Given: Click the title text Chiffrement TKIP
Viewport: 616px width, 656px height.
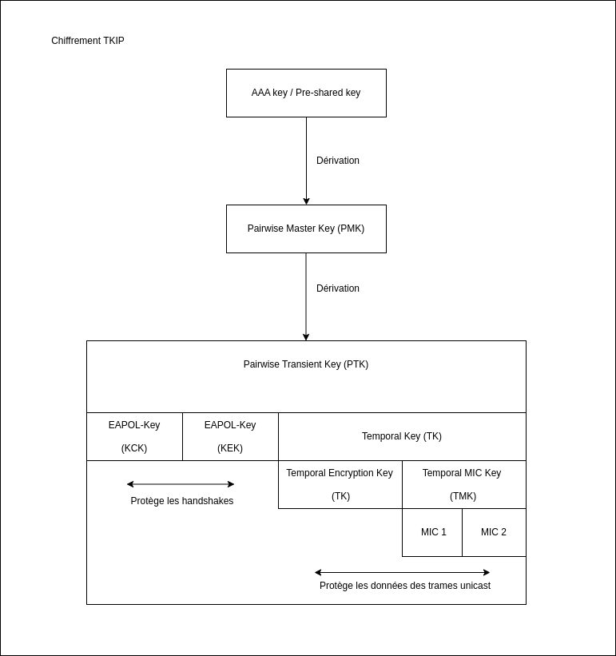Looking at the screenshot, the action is tap(88, 41).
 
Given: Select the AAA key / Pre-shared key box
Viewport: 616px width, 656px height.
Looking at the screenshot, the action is tap(306, 93).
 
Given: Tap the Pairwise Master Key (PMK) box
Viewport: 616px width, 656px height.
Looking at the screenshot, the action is tap(306, 229).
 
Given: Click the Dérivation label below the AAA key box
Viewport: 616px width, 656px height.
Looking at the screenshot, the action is tap(338, 161).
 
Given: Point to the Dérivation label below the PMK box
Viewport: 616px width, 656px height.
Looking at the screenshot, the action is tap(338, 288).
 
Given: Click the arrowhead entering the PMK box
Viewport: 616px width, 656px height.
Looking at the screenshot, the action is tap(306, 201).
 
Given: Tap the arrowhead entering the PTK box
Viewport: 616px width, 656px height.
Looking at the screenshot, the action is tap(306, 337).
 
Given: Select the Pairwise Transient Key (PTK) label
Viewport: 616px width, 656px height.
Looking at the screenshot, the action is tap(306, 364).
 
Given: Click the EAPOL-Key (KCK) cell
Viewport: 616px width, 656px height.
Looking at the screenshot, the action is tap(135, 437).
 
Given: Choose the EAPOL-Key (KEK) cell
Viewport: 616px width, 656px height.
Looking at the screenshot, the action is tap(230, 437).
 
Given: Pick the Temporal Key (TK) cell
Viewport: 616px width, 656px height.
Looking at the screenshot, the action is tap(402, 437).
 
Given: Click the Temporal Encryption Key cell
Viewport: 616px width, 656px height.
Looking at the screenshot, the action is tap(340, 484).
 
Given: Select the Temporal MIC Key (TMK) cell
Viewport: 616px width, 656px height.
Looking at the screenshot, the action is tap(463, 484).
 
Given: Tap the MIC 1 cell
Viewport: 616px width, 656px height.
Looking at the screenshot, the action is tap(432, 533).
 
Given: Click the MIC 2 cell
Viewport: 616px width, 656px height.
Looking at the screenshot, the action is tap(494, 533).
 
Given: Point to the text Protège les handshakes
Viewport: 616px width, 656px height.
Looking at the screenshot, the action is tap(182, 501).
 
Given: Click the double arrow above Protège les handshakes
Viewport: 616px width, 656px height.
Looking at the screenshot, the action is tap(181, 484).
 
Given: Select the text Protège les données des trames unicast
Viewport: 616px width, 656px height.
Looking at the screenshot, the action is tap(405, 586).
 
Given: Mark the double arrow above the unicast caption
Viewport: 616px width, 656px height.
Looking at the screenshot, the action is tap(402, 572).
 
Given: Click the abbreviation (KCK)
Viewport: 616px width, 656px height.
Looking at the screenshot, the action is tap(134, 448).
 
